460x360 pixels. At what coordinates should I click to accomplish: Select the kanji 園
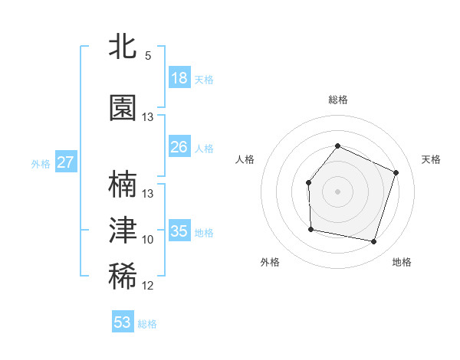pyautogui.click(x=123, y=109)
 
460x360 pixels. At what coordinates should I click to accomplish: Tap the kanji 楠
pyautogui.click(x=123, y=185)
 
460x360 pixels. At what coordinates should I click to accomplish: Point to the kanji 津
pyautogui.click(x=123, y=231)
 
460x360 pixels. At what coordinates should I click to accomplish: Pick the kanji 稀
pyautogui.click(x=123, y=277)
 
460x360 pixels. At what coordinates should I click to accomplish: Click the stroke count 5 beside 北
pyautogui.click(x=148, y=56)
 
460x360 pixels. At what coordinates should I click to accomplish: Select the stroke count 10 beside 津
pyautogui.click(x=148, y=240)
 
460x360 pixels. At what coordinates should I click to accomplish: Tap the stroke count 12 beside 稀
pyautogui.click(x=148, y=286)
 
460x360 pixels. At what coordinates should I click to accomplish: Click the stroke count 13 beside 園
pyautogui.click(x=148, y=117)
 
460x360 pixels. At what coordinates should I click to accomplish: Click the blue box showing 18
pyautogui.click(x=179, y=78)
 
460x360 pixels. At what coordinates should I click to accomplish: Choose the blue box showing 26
pyautogui.click(x=179, y=147)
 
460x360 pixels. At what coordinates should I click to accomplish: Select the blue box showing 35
pyautogui.click(x=179, y=231)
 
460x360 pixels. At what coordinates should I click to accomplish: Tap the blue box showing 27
pyautogui.click(x=65, y=162)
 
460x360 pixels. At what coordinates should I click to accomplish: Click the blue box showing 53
pyautogui.click(x=123, y=322)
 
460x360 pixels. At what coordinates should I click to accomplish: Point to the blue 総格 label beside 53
pyautogui.click(x=147, y=324)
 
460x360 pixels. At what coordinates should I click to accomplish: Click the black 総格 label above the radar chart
pyautogui.click(x=337, y=100)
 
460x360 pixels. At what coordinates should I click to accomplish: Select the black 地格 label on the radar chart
pyautogui.click(x=402, y=262)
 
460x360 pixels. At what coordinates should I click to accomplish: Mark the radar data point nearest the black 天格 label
pyautogui.click(x=396, y=172)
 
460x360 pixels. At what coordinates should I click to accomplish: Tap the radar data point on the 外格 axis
pyautogui.click(x=310, y=229)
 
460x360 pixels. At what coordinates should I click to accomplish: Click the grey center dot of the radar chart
pyautogui.click(x=337, y=191)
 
